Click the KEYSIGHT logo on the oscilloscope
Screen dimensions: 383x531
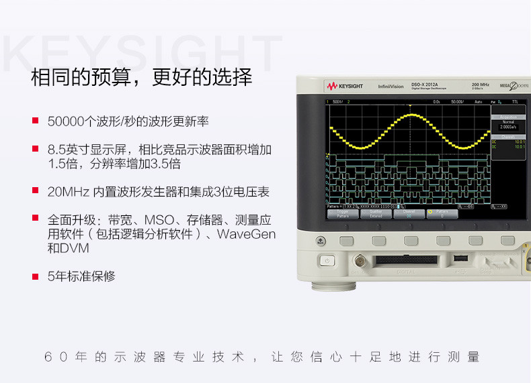pos(344,87)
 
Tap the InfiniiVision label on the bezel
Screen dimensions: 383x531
pos(391,87)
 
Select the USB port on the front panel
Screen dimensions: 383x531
pos(460,258)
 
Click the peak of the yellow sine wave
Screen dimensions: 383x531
pos(409,116)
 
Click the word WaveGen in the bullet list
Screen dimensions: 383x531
pos(246,234)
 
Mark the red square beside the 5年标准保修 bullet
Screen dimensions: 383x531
pos(35,275)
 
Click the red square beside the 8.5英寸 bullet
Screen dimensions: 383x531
pos(35,149)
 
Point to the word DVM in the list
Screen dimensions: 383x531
pos(74,248)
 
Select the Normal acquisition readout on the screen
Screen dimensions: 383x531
pos(507,122)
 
